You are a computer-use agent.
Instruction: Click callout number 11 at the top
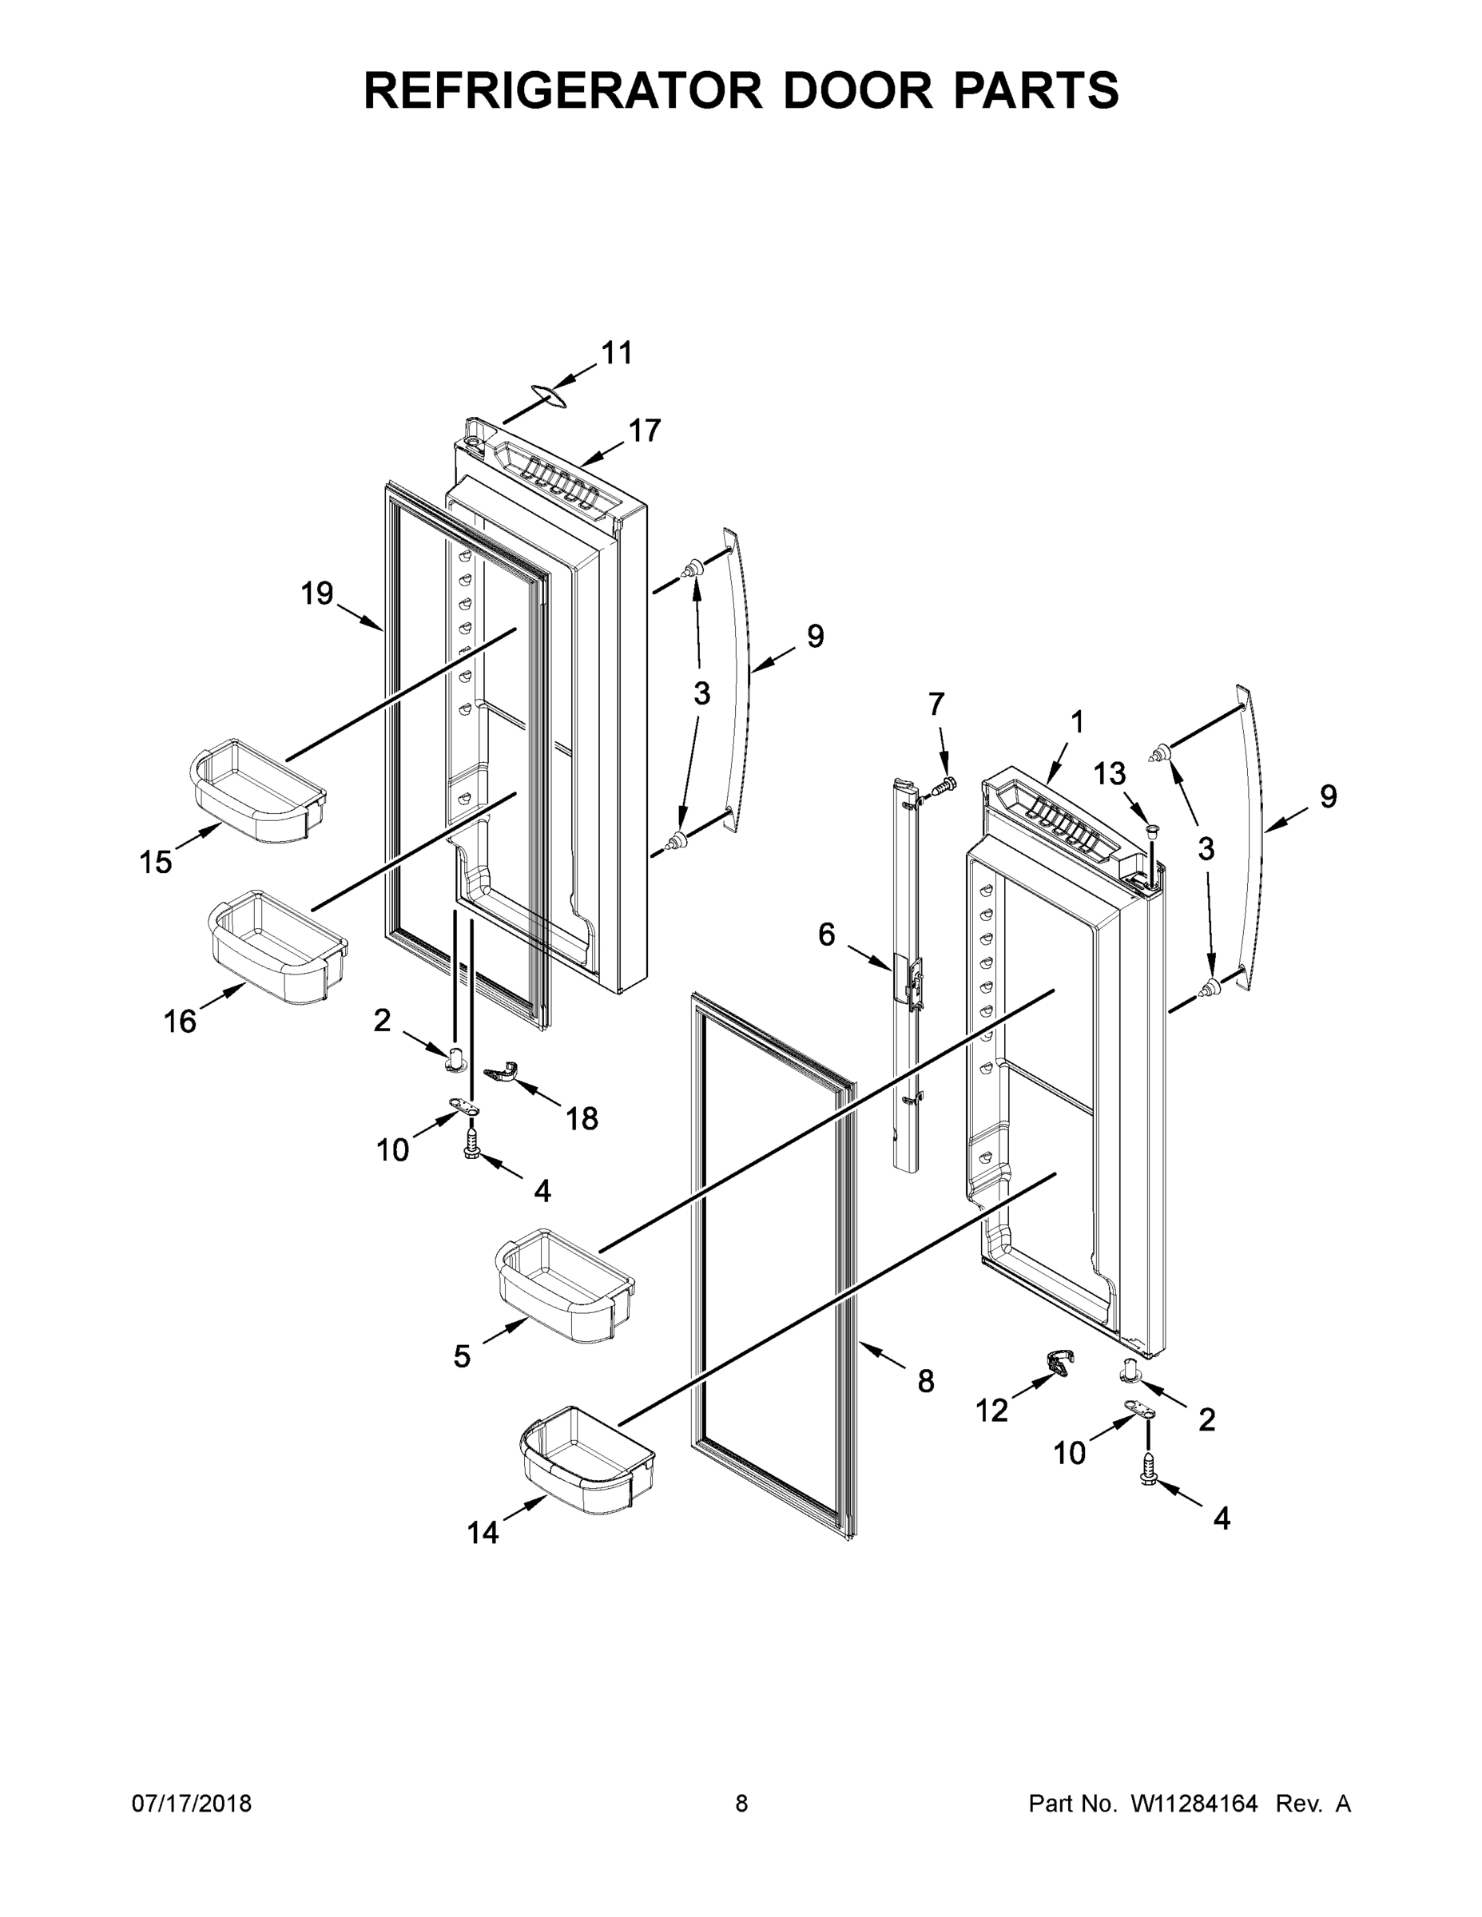616,353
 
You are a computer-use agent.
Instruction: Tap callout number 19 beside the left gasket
317,593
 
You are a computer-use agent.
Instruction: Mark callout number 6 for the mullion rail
826,935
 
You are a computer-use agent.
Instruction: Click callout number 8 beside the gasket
925,1382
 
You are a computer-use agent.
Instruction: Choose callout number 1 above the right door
1076,722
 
